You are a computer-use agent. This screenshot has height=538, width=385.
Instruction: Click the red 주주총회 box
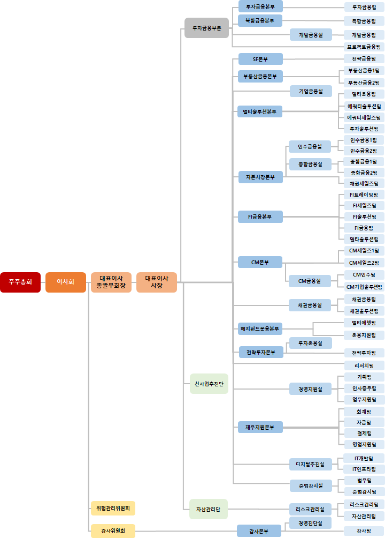coord(20,282)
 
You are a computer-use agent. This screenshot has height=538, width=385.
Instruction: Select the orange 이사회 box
coord(65,282)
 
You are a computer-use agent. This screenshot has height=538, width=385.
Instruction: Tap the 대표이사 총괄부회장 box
coord(111,282)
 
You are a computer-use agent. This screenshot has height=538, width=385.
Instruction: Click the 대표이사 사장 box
coord(157,282)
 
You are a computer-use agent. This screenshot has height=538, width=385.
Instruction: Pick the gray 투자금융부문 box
coord(206,28)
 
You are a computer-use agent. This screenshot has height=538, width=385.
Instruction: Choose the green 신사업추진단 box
coord(209,384)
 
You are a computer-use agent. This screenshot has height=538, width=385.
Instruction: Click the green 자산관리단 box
coord(209,509)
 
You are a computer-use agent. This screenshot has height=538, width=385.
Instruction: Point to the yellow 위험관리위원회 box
coord(113,508)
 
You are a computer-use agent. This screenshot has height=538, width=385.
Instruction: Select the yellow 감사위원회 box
coord(113,531)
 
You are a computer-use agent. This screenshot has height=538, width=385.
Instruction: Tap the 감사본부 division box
coord(259,531)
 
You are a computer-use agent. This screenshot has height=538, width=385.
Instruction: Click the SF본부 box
coord(260,59)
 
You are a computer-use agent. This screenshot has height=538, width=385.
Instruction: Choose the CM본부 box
coord(260,262)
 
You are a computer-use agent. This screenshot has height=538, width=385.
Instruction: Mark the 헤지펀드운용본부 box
coord(260,328)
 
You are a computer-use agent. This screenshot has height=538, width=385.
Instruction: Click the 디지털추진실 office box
coord(310,464)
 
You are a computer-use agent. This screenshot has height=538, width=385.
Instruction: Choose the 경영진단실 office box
coord(310,522)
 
